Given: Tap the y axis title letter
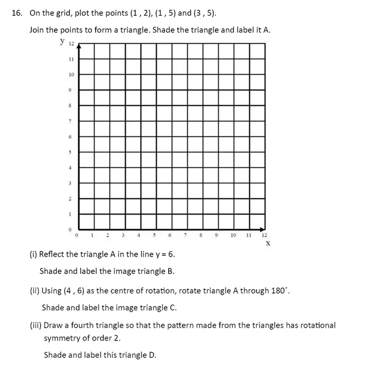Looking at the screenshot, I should click(61, 41).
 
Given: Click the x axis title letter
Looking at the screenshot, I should click(268, 244).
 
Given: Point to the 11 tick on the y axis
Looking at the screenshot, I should click(71, 59).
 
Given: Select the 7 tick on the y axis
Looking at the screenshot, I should click(71, 121).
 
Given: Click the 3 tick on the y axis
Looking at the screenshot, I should click(71, 183).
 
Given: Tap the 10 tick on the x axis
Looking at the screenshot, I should click(233, 235).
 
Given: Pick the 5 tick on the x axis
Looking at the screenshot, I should click(154, 235).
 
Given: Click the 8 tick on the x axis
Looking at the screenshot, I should click(201, 235).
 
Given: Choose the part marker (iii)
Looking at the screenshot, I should click(36, 325).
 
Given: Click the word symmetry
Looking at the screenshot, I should click(63, 338).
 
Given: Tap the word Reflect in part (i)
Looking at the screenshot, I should click(51, 254).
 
